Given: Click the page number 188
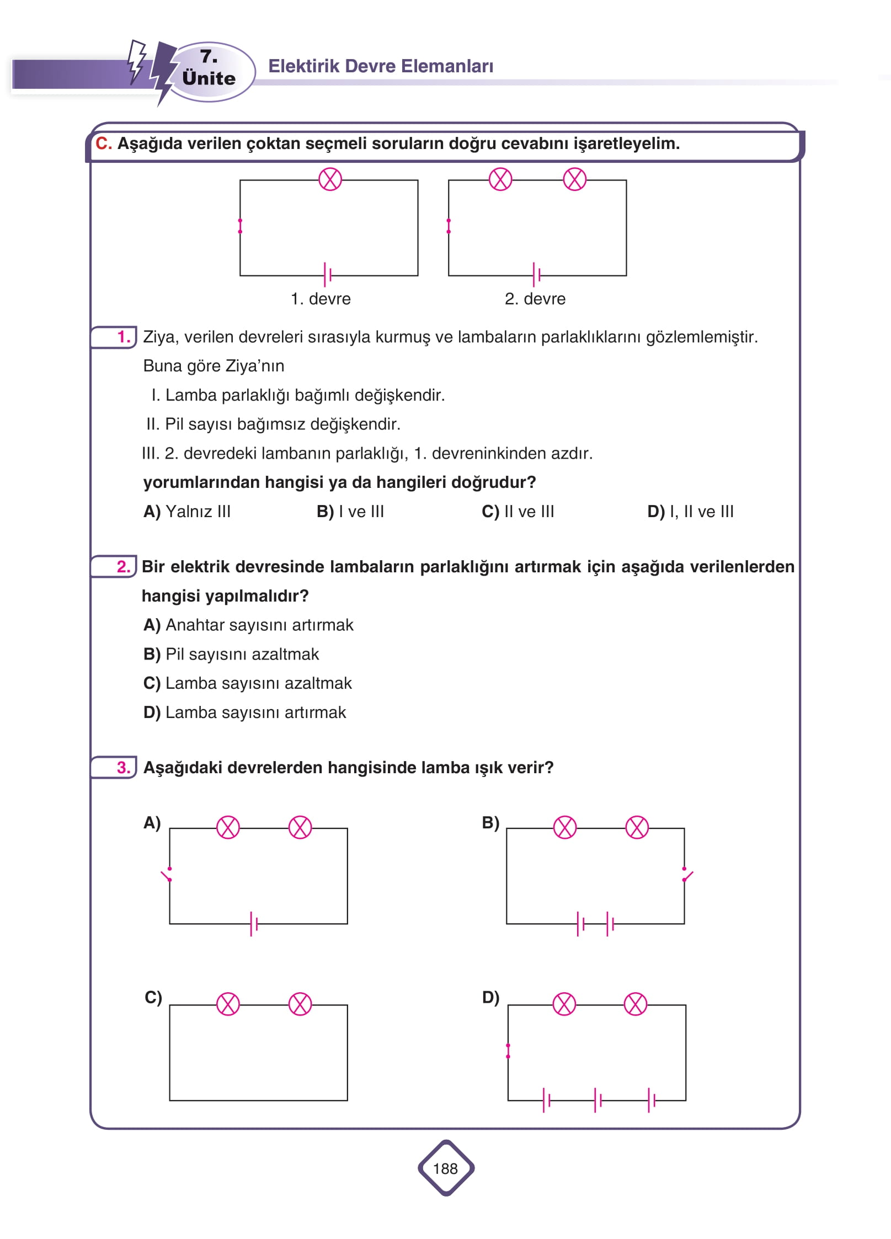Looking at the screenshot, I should (445, 1168).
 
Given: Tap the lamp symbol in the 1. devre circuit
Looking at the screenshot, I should (330, 179).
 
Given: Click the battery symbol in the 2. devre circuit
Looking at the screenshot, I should (536, 274).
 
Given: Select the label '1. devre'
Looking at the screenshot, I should (321, 299).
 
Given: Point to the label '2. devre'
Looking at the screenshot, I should (535, 299).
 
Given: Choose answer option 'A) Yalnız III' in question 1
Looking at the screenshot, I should (187, 512).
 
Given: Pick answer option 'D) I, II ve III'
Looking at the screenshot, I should (690, 512).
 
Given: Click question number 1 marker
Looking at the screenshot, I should (124, 337).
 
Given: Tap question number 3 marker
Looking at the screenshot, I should (124, 767).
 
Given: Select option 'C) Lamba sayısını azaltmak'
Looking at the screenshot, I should (247, 683).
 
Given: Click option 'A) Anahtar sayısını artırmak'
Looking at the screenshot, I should (248, 625).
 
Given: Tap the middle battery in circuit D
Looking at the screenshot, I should (597, 1100).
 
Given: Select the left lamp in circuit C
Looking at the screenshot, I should (228, 1004).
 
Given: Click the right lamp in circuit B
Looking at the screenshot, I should (637, 828).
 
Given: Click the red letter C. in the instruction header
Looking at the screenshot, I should (103, 143).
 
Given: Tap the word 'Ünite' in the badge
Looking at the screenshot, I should (209, 78).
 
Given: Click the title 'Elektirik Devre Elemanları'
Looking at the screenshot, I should (381, 66).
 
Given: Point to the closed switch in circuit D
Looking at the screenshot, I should (508, 1051).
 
